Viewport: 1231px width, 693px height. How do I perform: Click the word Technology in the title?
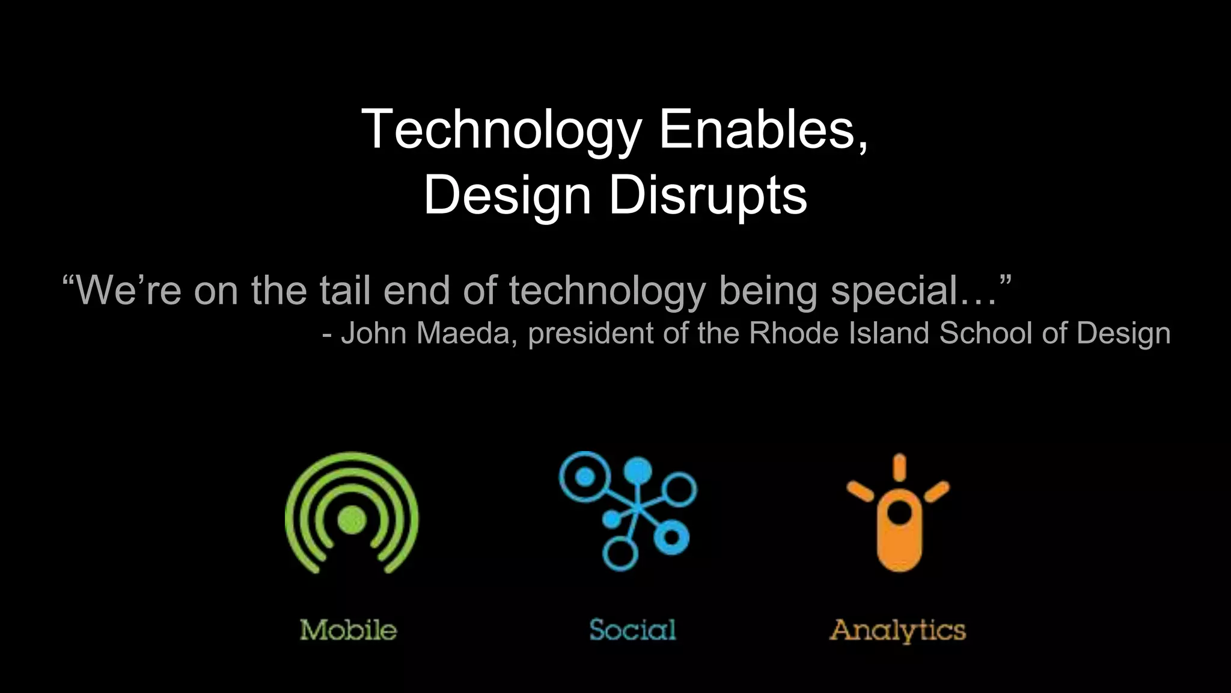pyautogui.click(x=501, y=131)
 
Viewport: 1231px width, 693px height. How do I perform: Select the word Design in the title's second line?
pyautogui.click(x=507, y=196)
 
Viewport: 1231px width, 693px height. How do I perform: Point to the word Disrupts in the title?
pyautogui.click(x=708, y=196)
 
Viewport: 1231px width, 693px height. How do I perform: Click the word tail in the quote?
pyautogui.click(x=344, y=291)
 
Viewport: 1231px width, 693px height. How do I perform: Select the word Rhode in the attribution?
pyautogui.click(x=793, y=333)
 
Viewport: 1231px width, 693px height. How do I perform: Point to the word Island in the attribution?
pyautogui.click(x=889, y=333)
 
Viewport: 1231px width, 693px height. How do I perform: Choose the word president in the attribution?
pyautogui.click(x=590, y=334)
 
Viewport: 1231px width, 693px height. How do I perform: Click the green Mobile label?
pyautogui.click(x=349, y=630)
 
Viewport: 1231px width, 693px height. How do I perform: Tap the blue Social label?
pyautogui.click(x=632, y=630)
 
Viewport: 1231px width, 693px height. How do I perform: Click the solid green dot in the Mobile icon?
pyautogui.click(x=352, y=519)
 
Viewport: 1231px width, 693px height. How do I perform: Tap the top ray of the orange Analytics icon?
pyautogui.click(x=899, y=467)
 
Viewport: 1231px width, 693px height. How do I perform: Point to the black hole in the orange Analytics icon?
pyautogui.click(x=899, y=513)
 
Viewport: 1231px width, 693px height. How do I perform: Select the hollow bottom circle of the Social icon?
pyautogui.click(x=620, y=553)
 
